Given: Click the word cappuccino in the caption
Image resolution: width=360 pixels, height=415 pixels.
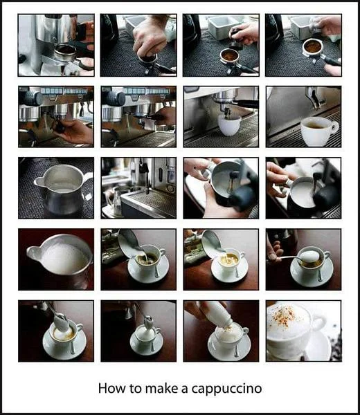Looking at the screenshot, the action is [x=227, y=389].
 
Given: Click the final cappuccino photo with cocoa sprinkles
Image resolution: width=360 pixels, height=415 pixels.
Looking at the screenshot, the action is [x=303, y=331].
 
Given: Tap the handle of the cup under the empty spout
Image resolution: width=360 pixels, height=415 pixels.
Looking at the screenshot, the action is [x=334, y=127].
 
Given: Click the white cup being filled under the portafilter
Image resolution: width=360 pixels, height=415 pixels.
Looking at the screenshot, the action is [x=229, y=125].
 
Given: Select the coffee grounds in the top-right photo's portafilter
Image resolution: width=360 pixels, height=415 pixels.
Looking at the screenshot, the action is [x=312, y=46].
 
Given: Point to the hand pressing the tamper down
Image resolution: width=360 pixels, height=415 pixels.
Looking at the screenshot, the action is [x=150, y=37].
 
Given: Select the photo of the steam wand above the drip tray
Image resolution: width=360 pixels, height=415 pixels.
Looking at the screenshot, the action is [x=138, y=188].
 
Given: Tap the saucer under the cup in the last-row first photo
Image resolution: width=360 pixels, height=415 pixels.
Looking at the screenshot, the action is [x=64, y=344].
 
